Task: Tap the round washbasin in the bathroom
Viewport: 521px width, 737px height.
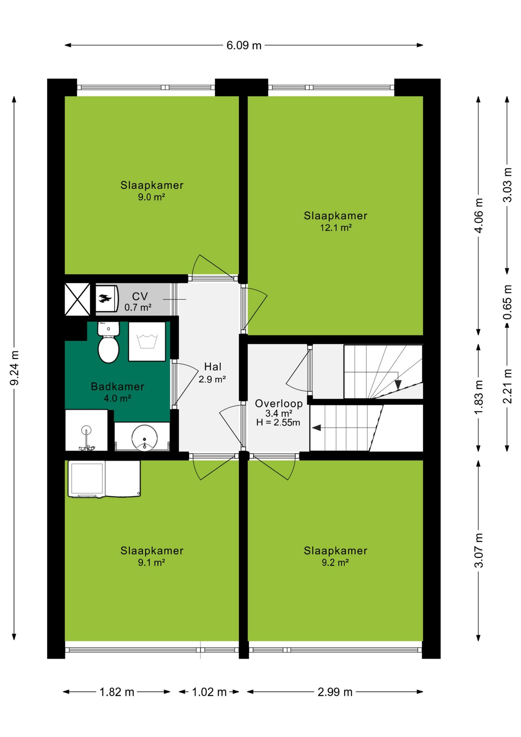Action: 144,437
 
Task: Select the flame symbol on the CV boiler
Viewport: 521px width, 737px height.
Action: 105,298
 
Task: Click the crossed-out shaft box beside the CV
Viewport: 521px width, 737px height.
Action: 77,299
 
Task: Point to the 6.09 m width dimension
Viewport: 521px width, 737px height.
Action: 244,45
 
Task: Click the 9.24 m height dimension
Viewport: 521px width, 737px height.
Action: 15,368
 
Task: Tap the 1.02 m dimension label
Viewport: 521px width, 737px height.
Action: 209,692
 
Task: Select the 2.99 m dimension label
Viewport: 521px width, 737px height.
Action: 335,692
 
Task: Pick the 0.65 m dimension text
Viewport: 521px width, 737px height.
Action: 508,302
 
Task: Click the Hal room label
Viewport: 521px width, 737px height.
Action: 213,367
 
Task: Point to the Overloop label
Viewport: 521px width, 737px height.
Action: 279,403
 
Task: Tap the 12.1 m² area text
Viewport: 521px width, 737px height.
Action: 336,228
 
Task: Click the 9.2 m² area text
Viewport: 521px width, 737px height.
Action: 335,563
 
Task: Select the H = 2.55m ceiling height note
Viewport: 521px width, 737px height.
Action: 278,423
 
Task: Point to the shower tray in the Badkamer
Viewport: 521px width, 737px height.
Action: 86,430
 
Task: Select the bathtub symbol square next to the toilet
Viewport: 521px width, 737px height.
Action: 147,341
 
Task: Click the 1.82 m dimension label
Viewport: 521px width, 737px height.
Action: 117,692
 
